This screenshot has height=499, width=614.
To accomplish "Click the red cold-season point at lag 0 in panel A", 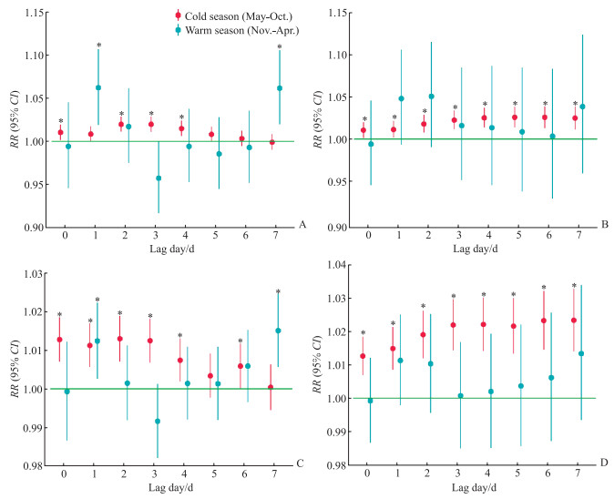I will [61, 132].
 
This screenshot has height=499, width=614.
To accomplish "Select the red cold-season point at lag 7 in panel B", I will [575, 118].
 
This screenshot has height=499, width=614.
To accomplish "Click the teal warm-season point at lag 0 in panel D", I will [370, 401].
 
